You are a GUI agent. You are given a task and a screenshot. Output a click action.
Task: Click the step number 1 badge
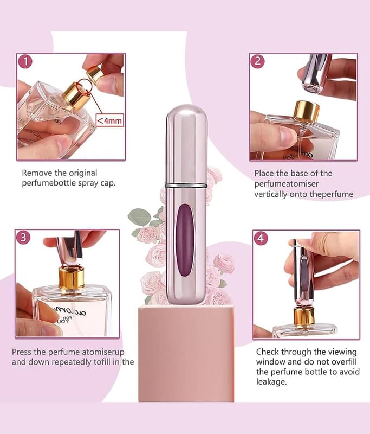click(x=25, y=61)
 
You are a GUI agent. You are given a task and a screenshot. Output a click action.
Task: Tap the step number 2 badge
click(x=257, y=61)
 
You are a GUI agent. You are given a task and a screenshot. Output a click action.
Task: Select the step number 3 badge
click(x=23, y=238)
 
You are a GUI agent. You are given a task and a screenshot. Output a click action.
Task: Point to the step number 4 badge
click(x=261, y=238)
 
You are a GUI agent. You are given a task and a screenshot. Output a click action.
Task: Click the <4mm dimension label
click(x=109, y=120)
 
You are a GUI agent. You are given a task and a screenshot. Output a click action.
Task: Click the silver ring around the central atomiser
click(x=186, y=185)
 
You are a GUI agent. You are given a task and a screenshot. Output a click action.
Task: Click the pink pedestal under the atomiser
click(x=186, y=353)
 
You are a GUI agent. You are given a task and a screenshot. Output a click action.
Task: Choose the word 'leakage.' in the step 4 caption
click(x=271, y=382)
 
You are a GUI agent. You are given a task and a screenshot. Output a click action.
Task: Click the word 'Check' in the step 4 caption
click(x=268, y=352)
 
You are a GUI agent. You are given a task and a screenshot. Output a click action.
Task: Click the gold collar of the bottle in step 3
click(x=72, y=278)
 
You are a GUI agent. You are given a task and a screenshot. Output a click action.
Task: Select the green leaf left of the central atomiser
click(x=139, y=216)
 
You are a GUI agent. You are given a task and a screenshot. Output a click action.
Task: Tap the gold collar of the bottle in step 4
click(x=304, y=316)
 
